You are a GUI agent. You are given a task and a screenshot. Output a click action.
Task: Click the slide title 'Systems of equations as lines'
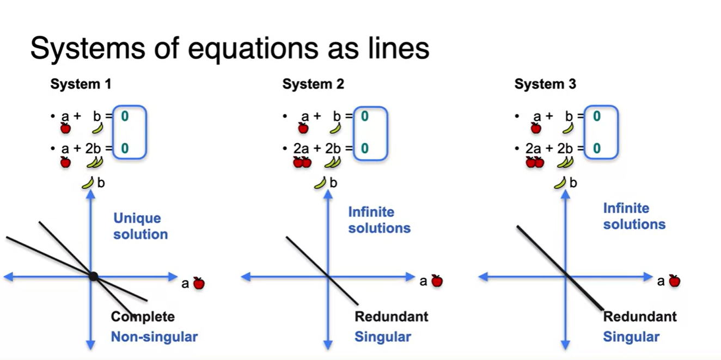click(229, 48)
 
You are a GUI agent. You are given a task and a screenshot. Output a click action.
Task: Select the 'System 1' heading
click(81, 84)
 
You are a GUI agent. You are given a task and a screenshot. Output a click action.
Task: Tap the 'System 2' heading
click(313, 84)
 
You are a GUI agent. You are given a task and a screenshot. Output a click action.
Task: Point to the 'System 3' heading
click(545, 84)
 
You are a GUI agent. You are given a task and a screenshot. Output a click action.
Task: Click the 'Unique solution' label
click(140, 227)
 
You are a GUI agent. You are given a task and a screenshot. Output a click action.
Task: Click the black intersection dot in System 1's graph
click(93, 277)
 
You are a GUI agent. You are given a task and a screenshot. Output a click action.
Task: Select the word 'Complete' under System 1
click(143, 316)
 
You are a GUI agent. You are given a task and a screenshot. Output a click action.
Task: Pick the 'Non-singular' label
click(154, 337)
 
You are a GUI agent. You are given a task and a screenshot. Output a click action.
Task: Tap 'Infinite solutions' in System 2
click(379, 220)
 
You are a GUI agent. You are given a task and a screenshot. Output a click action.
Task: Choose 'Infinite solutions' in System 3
click(634, 216)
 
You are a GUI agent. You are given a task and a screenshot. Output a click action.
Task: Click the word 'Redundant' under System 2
click(392, 316)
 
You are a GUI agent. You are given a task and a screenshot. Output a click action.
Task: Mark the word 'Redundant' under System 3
click(640, 316)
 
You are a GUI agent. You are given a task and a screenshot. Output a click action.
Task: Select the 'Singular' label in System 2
click(383, 337)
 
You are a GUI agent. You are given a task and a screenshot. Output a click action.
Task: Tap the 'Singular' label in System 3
click(631, 337)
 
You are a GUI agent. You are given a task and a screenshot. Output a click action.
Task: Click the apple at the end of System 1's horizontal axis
click(199, 283)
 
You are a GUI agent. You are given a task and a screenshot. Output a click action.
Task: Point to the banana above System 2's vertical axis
click(320, 183)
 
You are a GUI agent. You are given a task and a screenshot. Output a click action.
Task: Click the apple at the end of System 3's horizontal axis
click(674, 281)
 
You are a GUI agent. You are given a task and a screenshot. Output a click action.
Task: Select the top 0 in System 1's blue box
click(125, 116)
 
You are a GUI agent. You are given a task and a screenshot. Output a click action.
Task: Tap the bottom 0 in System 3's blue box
click(597, 148)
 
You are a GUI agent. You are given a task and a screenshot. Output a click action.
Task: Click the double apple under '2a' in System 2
click(302, 162)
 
